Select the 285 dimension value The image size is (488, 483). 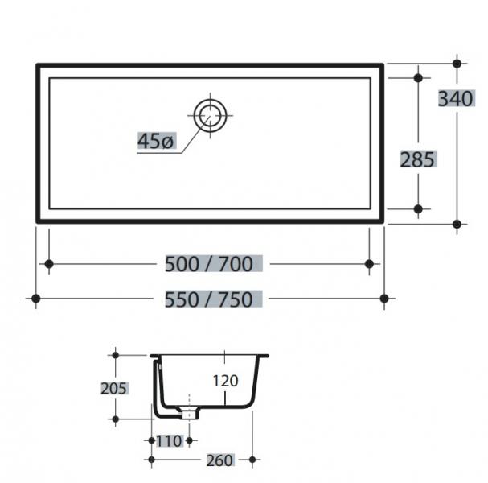coord(417,159)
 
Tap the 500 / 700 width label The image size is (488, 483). coord(208,263)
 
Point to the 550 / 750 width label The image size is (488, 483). coord(208,299)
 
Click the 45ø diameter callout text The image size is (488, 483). coord(155,142)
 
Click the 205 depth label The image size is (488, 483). coord(114,388)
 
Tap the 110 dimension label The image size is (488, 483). coord(170,440)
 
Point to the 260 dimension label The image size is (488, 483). coord(219,460)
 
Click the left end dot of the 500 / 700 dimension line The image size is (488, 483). coord(49,263)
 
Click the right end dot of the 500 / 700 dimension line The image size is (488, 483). coord(369,263)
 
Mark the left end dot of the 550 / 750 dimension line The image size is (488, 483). coord(35,299)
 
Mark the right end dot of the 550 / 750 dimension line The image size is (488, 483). coord(384,299)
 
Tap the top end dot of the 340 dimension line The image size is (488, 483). coord(457,63)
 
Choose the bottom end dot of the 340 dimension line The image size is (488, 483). coord(457,223)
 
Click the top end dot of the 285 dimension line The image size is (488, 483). coord(417,78)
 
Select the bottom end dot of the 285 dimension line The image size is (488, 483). coord(417,209)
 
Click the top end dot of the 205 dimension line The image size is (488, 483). coord(115,354)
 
